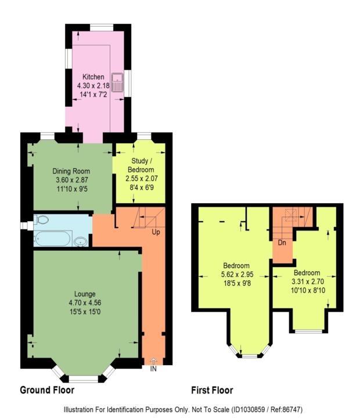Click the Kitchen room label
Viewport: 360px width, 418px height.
[x=93, y=77]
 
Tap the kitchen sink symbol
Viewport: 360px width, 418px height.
[x=118, y=81]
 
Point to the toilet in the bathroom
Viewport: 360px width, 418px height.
[x=41, y=220]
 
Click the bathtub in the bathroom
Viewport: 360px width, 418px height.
[x=52, y=239]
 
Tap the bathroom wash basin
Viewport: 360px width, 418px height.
[x=81, y=241]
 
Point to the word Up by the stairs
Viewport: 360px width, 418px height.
[x=156, y=232]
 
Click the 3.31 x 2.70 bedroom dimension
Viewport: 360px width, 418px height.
[x=306, y=282]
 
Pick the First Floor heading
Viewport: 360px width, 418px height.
[x=213, y=390]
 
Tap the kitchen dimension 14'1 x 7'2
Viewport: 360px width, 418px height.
[x=93, y=95]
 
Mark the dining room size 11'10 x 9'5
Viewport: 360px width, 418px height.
[x=71, y=188]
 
